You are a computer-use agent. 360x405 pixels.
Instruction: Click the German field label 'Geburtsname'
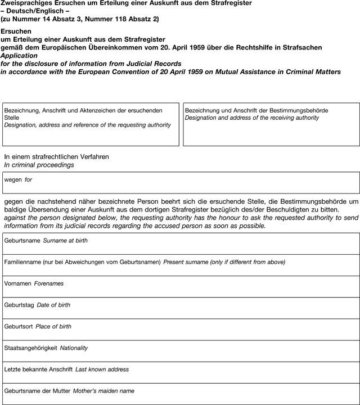22,241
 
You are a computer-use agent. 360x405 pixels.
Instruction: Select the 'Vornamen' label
17,283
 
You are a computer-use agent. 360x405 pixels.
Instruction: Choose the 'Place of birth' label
53,326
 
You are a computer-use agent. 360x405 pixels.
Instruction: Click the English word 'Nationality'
74,348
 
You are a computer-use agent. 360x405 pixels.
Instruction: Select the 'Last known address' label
102,369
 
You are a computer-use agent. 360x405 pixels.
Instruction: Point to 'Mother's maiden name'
103,390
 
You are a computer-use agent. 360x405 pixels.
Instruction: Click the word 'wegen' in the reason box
13,180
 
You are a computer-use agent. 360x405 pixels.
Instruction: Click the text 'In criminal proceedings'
39,165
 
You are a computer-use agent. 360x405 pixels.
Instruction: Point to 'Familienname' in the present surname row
22,262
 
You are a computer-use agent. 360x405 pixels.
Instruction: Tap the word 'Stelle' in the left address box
12,118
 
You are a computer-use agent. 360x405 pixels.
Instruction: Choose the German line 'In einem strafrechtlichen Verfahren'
56,156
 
